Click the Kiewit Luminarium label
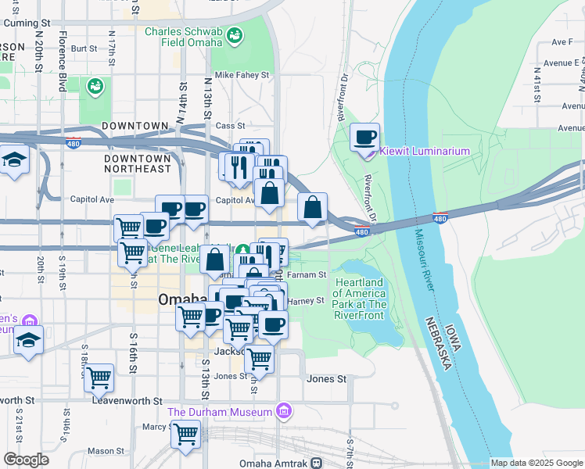point(425,151)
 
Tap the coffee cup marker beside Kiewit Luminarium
point(364,138)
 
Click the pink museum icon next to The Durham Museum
point(284,411)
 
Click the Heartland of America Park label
point(360,293)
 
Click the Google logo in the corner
point(26,460)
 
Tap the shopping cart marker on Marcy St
point(186,433)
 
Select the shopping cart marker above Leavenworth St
point(99,377)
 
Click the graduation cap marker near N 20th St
point(13,160)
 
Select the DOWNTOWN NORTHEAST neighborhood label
point(138,163)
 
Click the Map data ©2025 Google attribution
point(537,463)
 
